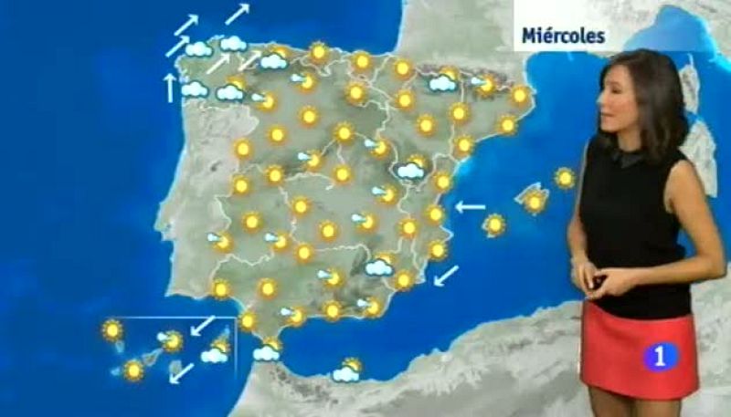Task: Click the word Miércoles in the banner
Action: (563, 36)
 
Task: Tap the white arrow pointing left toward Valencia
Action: (471, 207)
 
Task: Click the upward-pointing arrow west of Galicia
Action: (169, 87)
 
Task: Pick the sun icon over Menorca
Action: (566, 178)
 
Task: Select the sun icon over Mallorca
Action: (535, 202)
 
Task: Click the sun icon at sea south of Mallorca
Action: (494, 224)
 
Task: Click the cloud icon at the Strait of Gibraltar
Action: (267, 350)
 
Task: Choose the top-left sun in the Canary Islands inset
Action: (112, 329)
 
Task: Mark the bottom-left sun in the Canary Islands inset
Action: (133, 370)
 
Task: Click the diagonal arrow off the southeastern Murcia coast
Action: (446, 274)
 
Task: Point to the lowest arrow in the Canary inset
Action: (182, 371)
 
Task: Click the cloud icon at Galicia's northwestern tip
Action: (198, 48)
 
